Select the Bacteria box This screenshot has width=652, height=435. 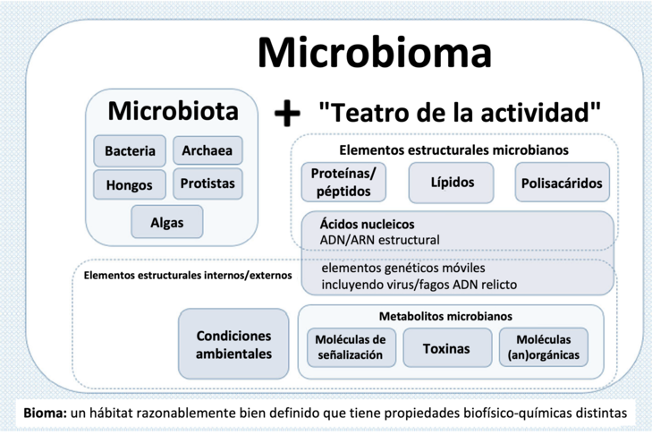coord(130,151)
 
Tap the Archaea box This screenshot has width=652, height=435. coord(207,151)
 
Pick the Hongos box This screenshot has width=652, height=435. coord(130,185)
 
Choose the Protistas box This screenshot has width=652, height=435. coord(207,184)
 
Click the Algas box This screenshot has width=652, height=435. coord(167,222)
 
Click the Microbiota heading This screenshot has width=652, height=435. coord(173,111)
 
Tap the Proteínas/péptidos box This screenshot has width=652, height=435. coord(343,183)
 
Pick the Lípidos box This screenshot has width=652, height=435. coord(453,183)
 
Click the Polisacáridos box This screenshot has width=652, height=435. coord(563,183)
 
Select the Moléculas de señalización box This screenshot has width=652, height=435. coord(350,347)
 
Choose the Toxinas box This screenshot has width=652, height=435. coord(446,348)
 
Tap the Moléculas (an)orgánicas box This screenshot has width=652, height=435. coord(543,347)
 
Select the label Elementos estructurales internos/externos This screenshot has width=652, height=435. coord(187,276)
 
